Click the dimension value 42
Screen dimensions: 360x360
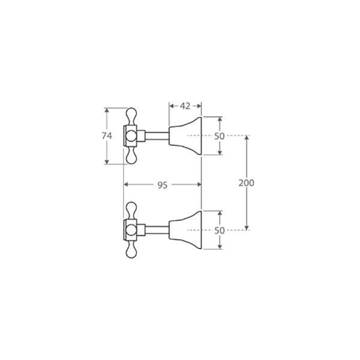(185, 106)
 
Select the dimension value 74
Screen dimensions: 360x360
(107, 136)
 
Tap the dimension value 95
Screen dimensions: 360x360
(162, 185)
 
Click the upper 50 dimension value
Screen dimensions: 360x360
(219, 136)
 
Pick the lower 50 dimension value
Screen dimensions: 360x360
(219, 230)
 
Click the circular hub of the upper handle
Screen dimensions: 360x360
(131, 136)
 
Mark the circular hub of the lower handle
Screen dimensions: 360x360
(131, 230)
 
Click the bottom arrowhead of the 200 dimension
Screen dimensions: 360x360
(247, 227)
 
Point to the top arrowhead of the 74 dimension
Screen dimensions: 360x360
(107, 111)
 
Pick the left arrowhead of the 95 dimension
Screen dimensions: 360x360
(126, 185)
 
